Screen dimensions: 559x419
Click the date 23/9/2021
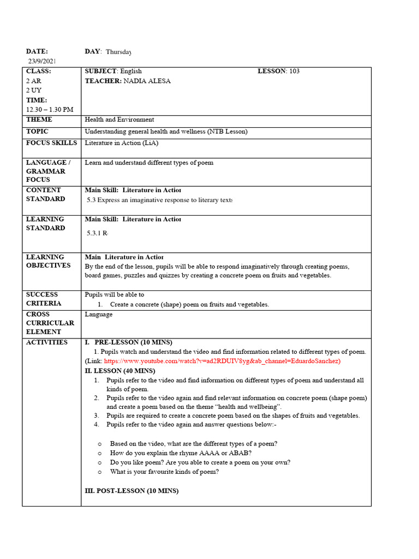click(x=42, y=61)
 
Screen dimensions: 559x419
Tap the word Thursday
click(x=118, y=52)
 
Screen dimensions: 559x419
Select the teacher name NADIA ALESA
click(x=147, y=81)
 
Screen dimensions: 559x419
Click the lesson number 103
click(x=294, y=71)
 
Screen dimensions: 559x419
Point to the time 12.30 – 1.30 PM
click(x=49, y=110)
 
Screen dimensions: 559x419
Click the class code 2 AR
click(x=34, y=81)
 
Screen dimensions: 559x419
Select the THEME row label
click(x=39, y=120)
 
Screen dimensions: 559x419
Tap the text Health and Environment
click(x=119, y=120)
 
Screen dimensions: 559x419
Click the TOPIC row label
click(x=37, y=132)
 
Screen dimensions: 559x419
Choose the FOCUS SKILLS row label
click(x=51, y=143)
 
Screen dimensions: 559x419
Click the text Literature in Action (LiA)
click(x=121, y=143)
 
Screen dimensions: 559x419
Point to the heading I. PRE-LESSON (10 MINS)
click(x=129, y=342)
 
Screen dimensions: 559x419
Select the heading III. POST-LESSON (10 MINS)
click(x=131, y=491)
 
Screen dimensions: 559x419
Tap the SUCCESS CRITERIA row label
click(x=44, y=299)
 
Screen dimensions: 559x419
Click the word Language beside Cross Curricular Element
click(x=99, y=314)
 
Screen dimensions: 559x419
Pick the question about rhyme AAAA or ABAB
click(x=181, y=453)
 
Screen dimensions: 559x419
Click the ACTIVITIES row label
click(x=47, y=342)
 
